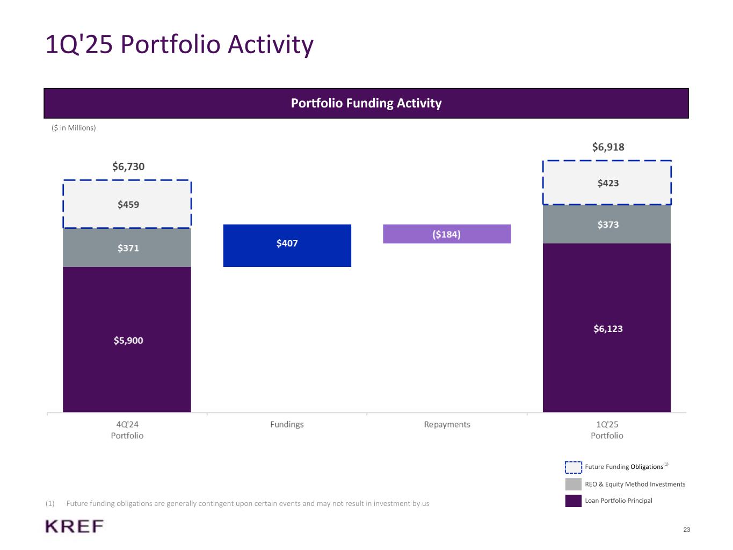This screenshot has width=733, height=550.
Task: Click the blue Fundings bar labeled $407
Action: (287, 245)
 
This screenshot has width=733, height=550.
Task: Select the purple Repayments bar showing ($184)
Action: (447, 234)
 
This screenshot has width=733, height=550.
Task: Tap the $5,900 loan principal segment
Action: (127, 339)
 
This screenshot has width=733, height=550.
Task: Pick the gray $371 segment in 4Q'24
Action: (127, 248)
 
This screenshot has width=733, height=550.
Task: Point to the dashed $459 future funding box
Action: (127, 204)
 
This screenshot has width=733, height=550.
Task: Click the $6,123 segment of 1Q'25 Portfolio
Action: (607, 328)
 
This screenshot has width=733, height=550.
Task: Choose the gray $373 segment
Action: (607, 225)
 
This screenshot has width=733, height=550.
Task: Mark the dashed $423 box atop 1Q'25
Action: (607, 183)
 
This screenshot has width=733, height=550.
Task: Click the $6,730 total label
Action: (128, 167)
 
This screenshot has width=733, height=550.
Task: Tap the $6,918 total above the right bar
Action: (608, 147)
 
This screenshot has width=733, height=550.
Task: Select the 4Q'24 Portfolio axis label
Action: (127, 430)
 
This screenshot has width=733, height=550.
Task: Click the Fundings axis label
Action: (287, 424)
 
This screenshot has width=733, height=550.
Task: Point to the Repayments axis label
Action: (447, 424)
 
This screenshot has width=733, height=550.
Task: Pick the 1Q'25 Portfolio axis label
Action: (607, 430)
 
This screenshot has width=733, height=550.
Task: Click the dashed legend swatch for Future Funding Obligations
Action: (573, 467)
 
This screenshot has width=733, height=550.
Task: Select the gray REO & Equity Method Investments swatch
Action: (573, 484)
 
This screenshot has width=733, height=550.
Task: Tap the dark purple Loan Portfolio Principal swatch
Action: (573, 501)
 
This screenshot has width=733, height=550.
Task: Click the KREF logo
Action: (75, 526)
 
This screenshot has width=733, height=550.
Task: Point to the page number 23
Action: (687, 530)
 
